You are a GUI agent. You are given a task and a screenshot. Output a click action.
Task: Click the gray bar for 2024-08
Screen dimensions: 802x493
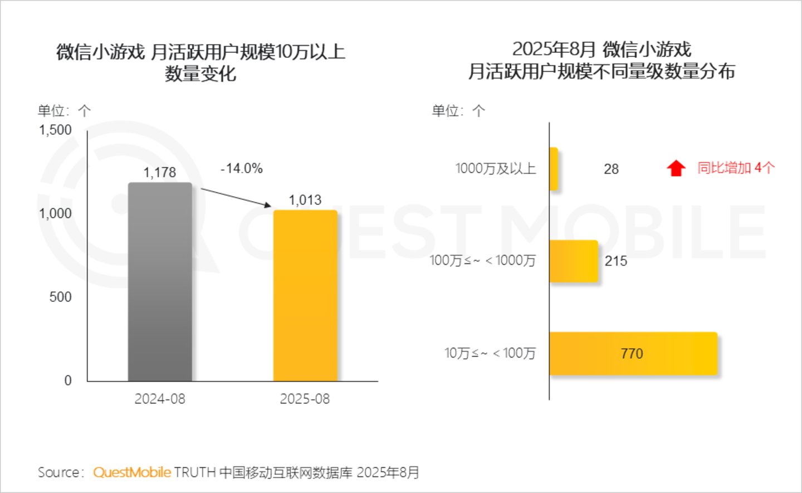tap(160, 282)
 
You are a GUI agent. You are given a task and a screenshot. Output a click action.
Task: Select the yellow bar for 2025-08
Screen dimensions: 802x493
tap(305, 296)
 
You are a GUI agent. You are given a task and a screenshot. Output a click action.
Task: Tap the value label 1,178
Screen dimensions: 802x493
tap(160, 173)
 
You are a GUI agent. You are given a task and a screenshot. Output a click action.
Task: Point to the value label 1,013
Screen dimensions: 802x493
tap(305, 200)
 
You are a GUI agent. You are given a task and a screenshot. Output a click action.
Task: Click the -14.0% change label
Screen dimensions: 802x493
tap(242, 168)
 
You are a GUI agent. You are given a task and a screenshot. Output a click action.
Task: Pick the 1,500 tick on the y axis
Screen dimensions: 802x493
tap(55, 130)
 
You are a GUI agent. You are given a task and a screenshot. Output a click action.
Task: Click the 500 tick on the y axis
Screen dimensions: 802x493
tap(61, 297)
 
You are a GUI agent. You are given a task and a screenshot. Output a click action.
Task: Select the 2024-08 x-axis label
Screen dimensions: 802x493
tap(160, 399)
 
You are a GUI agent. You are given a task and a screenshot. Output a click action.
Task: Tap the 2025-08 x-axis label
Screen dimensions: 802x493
tap(305, 399)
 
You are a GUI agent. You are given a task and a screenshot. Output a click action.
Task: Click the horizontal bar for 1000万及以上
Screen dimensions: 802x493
tap(554, 169)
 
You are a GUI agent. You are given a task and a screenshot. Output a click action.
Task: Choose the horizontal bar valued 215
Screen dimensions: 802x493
tap(574, 261)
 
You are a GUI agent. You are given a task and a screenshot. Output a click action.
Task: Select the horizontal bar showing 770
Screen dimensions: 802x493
tap(634, 354)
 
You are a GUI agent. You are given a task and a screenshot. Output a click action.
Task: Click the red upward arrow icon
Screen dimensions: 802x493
tap(676, 168)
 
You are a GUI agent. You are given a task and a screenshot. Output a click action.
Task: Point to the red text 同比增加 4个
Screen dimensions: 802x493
tap(736, 168)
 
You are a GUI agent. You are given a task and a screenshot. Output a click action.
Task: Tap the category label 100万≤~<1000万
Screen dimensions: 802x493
tap(483, 261)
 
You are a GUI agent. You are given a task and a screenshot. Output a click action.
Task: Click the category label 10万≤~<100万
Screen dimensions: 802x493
tap(490, 353)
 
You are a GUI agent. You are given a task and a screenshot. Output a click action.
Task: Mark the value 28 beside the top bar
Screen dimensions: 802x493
tap(611, 169)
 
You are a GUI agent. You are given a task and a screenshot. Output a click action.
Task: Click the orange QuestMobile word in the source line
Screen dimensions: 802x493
tap(132, 472)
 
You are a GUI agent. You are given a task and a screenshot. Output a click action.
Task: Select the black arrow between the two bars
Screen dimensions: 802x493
tap(236, 197)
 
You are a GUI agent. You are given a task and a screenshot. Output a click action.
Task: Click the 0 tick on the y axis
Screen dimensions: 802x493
tap(68, 380)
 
